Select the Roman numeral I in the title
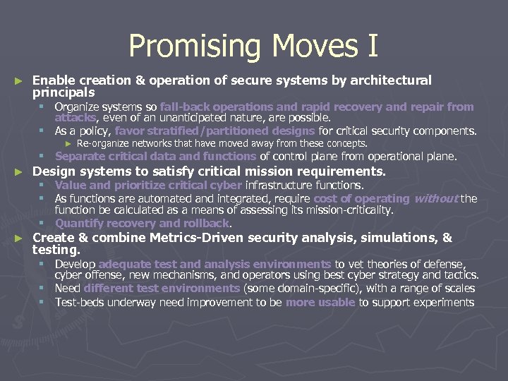pyautogui.click(x=373, y=47)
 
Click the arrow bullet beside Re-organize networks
pyautogui.click(x=68, y=143)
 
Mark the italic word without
pyautogui.click(x=435, y=199)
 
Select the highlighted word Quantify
pyautogui.click(x=79, y=223)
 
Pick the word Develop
pyautogui.click(x=75, y=264)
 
